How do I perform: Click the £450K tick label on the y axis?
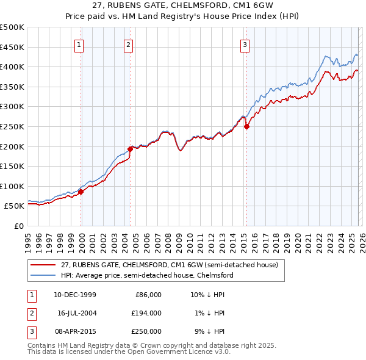point(12,47)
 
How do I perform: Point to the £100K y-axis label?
point(12,186)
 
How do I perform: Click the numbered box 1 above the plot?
point(80,44)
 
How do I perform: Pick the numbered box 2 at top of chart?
point(129,44)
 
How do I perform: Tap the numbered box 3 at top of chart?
point(245,44)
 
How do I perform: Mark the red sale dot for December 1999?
point(81,192)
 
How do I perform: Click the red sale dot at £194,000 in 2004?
point(131,148)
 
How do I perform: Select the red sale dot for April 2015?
point(246,127)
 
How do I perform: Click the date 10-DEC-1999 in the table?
point(75,295)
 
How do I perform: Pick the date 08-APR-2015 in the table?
point(75,331)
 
